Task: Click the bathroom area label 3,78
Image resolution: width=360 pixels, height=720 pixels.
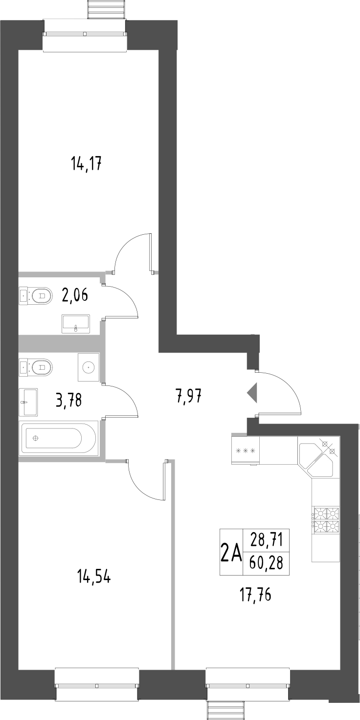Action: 69,401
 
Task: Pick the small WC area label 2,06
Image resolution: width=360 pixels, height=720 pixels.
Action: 75,295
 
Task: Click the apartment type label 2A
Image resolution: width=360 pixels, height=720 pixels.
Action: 231,553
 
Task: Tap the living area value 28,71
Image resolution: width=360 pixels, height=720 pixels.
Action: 266,541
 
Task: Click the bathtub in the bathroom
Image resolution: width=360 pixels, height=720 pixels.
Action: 54,438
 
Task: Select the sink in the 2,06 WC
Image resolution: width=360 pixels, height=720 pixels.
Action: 76,324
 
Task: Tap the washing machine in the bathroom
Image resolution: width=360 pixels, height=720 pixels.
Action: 89,367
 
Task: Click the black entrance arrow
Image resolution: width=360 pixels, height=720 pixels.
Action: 252,393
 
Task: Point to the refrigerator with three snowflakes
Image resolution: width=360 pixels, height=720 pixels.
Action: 246,450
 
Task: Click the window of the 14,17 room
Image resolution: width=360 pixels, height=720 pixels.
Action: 85,35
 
